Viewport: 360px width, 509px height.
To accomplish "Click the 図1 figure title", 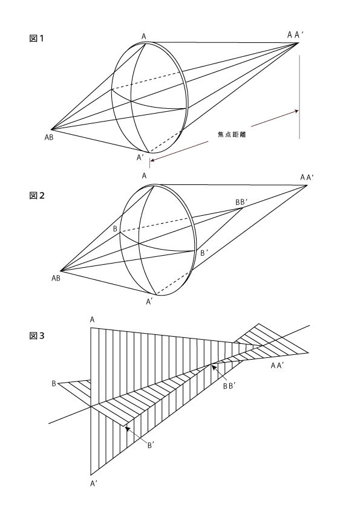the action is tap(36, 38).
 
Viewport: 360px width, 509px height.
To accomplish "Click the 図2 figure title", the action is tap(37, 195).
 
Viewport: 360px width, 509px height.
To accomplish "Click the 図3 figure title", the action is tap(37, 336).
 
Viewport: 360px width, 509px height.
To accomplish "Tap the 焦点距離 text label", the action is tap(232, 134).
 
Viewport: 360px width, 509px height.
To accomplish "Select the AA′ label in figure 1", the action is tap(295, 35).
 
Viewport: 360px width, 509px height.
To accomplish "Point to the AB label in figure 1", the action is tap(49, 137).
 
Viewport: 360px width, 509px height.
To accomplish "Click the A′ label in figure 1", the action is tap(140, 157).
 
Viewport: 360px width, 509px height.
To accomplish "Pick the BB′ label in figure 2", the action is tap(241, 203).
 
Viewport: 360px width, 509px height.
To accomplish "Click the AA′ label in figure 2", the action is tap(307, 177).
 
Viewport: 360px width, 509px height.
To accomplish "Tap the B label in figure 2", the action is tap(115, 229).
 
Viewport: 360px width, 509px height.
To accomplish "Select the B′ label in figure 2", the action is tap(203, 253).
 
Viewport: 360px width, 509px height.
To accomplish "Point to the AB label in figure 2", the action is tap(56, 278).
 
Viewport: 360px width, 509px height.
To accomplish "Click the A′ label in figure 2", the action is tap(149, 302).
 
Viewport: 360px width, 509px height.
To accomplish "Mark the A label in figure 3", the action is tap(93, 320).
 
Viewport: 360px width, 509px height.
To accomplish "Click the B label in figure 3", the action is tap(54, 384).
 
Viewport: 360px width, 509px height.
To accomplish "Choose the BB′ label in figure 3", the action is tap(229, 386).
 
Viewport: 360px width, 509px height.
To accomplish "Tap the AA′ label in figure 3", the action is tap(278, 366).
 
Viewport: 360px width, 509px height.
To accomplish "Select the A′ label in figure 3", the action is tap(94, 484).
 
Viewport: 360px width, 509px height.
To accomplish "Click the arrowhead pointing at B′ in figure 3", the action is tap(128, 429).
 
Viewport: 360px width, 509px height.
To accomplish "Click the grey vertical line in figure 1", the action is tap(299, 97).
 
